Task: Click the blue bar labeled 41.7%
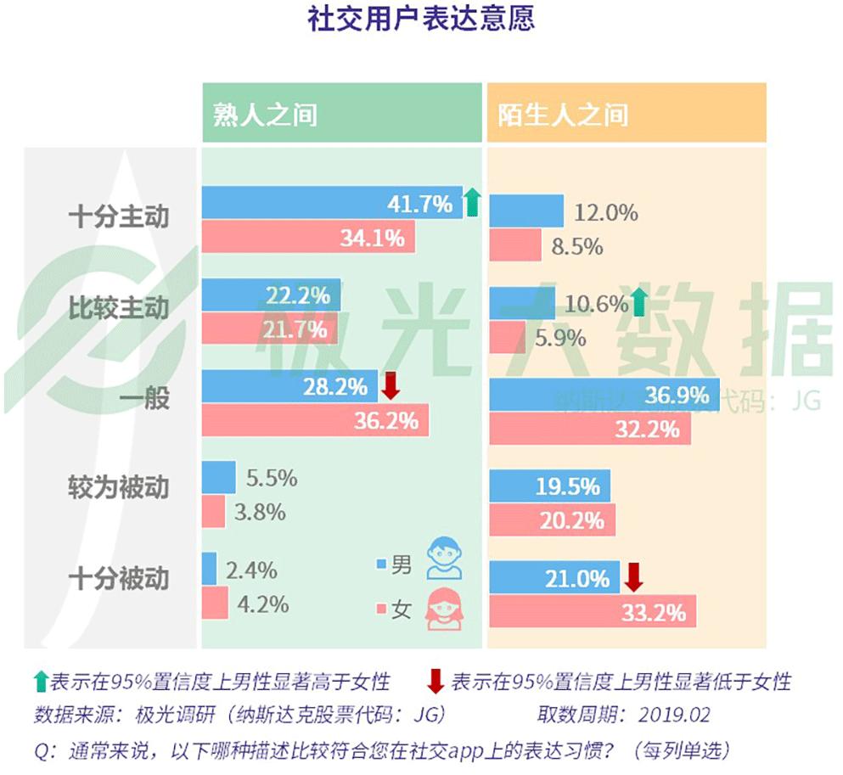[332, 204]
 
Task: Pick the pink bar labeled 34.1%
[308, 238]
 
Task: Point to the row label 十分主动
[119, 216]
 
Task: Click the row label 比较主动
[119, 308]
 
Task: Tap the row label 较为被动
[119, 488]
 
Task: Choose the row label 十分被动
[119, 579]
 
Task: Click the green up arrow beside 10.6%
[640, 302]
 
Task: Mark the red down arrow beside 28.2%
[390, 387]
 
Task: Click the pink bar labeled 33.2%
[593, 611]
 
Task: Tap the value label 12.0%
[605, 212]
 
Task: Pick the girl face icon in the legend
[444, 609]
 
